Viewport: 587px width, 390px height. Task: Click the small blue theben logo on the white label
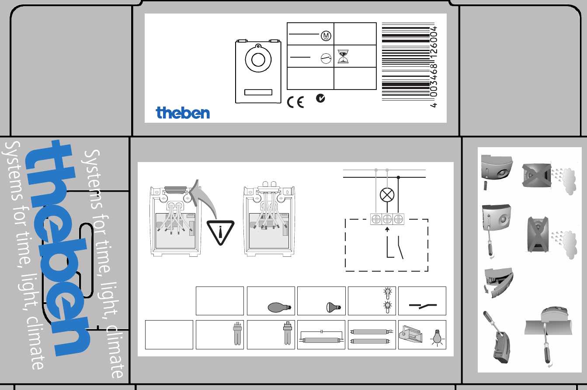pos(183,113)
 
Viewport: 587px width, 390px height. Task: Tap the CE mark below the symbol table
pos(295,102)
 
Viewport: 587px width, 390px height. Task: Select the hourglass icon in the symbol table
pos(343,56)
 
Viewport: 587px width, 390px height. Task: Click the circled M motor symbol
pos(326,35)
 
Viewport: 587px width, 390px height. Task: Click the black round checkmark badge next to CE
pos(320,98)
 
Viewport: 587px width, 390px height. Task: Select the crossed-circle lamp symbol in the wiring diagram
pos(387,195)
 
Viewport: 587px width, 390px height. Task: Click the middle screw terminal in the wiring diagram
pos(387,219)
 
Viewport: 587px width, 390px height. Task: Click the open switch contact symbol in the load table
pos(423,305)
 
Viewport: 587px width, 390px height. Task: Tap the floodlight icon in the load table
pos(410,334)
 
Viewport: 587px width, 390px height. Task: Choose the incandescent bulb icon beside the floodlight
pos(437,338)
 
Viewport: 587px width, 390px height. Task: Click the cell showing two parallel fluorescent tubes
pos(372,335)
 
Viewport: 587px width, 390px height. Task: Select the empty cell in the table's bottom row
pos(169,335)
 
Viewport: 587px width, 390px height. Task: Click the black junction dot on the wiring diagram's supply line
pos(398,177)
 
